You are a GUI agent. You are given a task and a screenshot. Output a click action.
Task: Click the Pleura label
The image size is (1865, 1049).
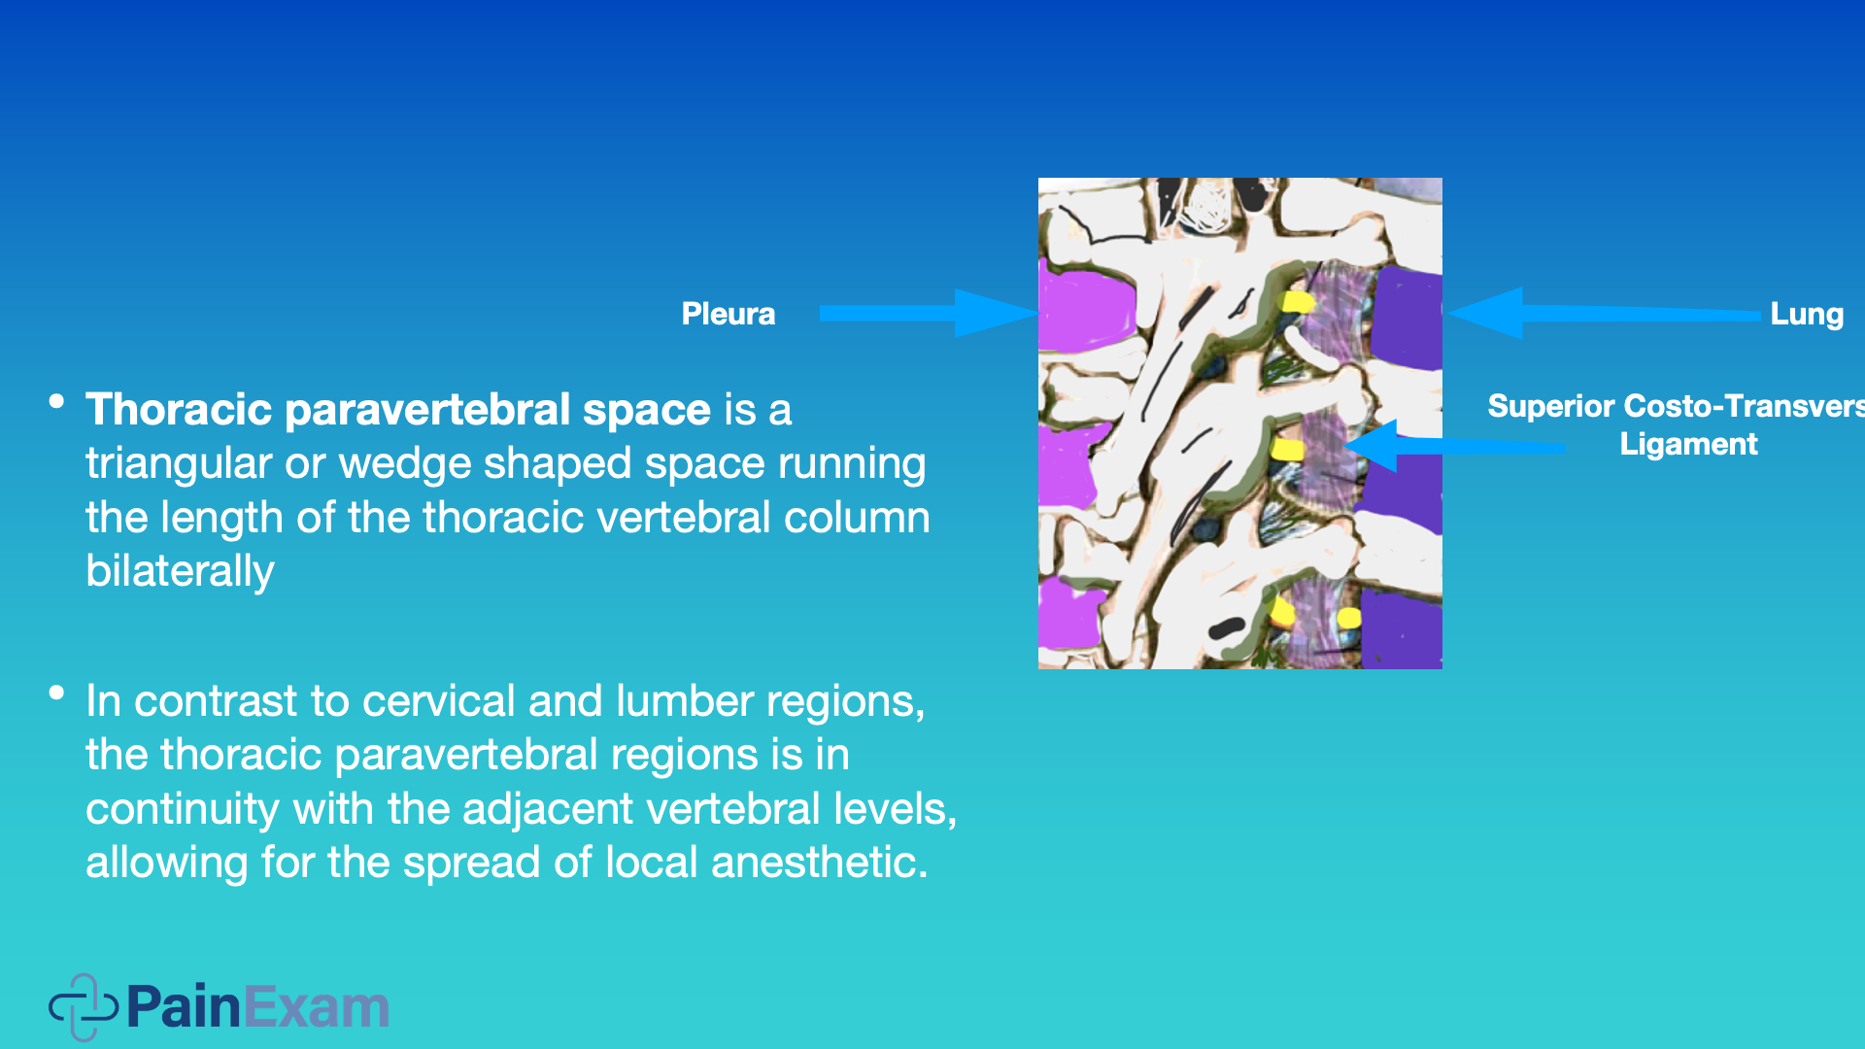(729, 314)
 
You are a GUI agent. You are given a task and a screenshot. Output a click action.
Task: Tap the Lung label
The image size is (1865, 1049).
(1807, 314)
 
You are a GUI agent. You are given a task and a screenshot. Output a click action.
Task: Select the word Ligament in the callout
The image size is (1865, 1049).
(1688, 444)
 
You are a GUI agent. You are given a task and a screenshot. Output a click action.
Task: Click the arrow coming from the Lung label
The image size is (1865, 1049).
(1603, 313)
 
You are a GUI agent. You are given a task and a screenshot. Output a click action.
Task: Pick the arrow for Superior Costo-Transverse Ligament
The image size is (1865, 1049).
(1455, 446)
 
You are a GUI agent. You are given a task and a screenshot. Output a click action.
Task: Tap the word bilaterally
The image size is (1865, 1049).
(180, 571)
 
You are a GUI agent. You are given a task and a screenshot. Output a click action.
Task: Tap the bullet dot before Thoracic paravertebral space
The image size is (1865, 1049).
(56, 401)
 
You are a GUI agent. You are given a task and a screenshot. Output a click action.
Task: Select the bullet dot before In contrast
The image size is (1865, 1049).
(56, 693)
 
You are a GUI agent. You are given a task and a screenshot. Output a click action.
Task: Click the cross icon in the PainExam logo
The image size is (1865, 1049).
(84, 1007)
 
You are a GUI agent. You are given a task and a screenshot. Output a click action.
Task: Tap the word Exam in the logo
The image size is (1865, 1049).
(317, 1007)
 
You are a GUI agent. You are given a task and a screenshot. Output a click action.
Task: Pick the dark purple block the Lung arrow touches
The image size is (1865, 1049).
(1407, 319)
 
